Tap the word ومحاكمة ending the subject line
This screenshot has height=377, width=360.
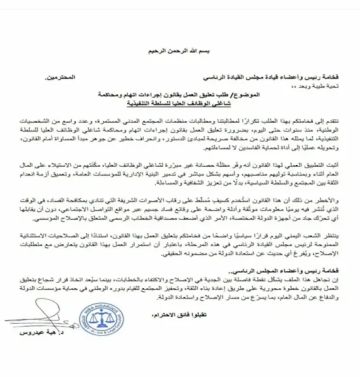[x=103, y=73]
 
